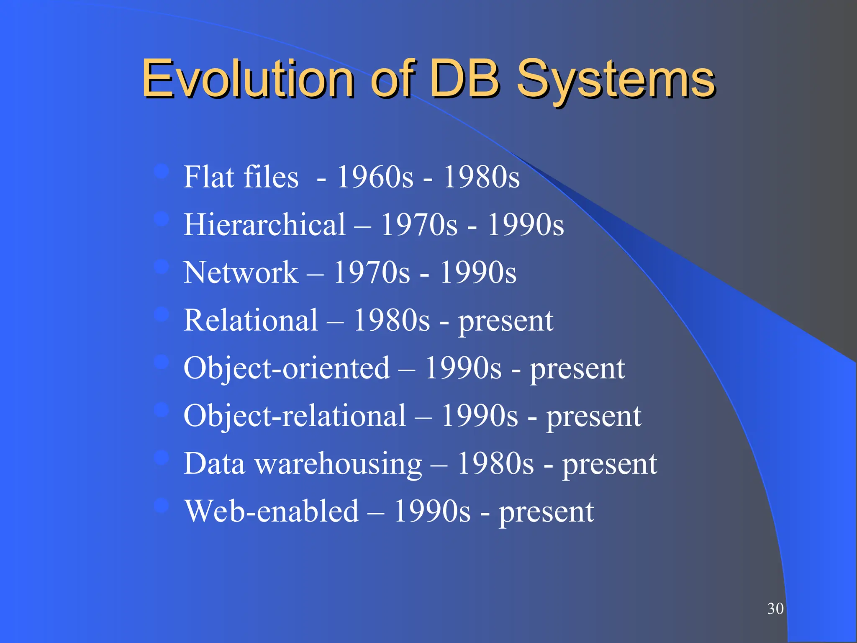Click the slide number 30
coord(775,609)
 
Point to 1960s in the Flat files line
coord(375,177)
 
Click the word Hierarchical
coord(264,225)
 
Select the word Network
coord(241,273)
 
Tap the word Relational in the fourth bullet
coord(251,320)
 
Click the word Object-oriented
coord(287,368)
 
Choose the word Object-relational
coord(295,416)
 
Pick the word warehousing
coord(339,464)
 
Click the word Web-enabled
coord(272,512)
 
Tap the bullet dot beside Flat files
coord(161,171)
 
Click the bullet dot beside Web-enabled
coord(161,506)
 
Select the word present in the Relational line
coord(506,321)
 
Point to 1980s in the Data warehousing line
coord(495,464)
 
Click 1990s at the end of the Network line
coord(478,273)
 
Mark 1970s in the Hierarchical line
coord(419,225)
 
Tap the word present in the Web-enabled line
coord(546,512)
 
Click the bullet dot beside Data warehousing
coord(161,458)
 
